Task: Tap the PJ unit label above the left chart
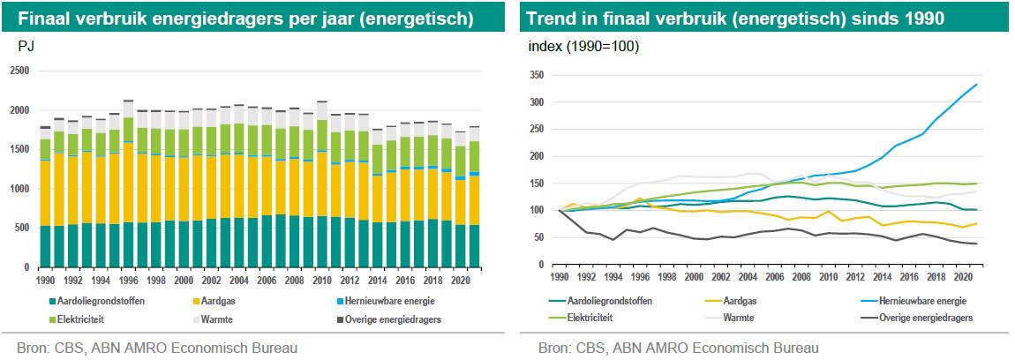(26, 46)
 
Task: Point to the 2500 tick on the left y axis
(19, 71)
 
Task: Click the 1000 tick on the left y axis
(19, 188)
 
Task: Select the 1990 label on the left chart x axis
(46, 280)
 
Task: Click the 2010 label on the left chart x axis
(322, 280)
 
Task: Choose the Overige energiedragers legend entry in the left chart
(391, 319)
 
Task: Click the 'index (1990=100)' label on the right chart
(583, 46)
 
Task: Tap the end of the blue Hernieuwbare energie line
(975, 85)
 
